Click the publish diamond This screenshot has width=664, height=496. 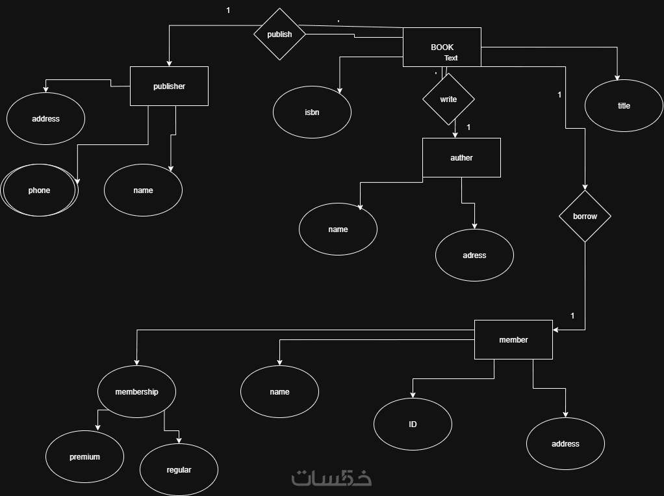(x=279, y=34)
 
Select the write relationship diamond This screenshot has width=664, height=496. (x=448, y=99)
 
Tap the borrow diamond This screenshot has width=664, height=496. (x=585, y=216)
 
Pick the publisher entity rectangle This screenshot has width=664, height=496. (x=169, y=86)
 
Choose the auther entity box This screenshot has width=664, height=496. (x=461, y=157)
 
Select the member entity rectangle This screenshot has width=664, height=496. (x=513, y=339)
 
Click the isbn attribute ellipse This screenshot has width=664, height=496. (x=312, y=112)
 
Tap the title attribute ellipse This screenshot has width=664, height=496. (x=624, y=106)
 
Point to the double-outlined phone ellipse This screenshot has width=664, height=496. (x=39, y=190)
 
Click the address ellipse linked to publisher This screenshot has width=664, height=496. (x=45, y=119)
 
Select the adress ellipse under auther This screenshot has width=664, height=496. (x=474, y=255)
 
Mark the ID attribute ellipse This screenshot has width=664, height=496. (x=413, y=424)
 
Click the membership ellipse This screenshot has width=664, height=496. (x=136, y=392)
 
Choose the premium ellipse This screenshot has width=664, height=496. (x=84, y=457)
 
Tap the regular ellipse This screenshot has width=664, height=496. (x=179, y=469)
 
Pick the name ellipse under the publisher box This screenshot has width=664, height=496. (x=143, y=190)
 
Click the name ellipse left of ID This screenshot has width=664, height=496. (x=279, y=392)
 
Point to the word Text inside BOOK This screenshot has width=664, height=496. (x=451, y=58)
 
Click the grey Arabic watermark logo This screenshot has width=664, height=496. (x=331, y=478)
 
